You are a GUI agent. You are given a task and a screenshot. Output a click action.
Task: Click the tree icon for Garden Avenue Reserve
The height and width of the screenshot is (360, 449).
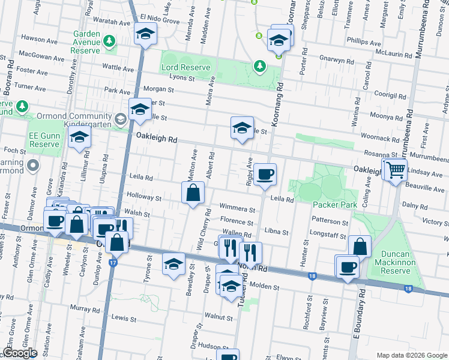(109, 41)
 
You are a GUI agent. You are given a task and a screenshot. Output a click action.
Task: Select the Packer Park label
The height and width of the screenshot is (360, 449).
(335, 205)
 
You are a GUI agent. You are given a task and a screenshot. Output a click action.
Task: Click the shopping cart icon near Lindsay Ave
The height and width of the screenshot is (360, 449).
(396, 170)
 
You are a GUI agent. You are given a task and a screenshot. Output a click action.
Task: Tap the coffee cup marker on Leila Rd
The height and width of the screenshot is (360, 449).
(265, 175)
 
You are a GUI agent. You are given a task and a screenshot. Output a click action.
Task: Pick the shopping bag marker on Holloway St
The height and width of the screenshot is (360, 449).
(193, 193)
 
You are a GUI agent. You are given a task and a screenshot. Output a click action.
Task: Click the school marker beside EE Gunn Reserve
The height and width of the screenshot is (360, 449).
(79, 137)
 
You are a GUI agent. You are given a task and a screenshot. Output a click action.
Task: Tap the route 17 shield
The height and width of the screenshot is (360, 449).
(112, 263)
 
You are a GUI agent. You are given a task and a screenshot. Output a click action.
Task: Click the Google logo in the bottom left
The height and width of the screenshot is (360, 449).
(20, 353)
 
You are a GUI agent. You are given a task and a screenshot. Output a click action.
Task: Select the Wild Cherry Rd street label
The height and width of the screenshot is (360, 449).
(205, 229)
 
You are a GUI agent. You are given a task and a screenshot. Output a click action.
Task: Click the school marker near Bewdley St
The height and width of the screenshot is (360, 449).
(173, 264)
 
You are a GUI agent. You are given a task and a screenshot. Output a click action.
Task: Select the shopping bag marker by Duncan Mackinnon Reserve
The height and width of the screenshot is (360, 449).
(360, 247)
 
